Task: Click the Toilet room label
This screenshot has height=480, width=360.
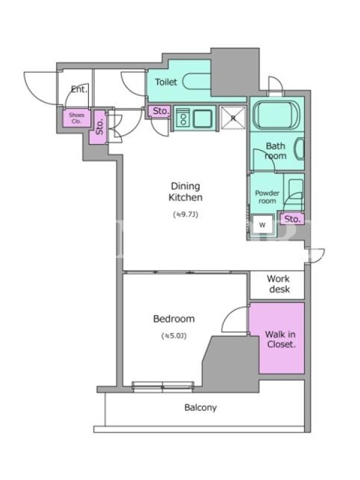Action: point(166,82)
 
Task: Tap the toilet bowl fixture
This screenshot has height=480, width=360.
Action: point(197,82)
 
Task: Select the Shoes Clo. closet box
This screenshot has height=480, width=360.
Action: point(77,118)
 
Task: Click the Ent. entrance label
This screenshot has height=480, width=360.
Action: point(79,89)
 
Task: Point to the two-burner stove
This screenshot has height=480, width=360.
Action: point(183,118)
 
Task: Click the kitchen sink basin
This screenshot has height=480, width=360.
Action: point(202,118)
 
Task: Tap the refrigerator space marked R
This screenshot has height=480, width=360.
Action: point(233,118)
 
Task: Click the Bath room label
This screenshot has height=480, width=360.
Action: point(275,151)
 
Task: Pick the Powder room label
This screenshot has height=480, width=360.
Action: point(267,197)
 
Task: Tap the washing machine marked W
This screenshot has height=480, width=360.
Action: point(262,226)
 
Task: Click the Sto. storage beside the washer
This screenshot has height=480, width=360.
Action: point(292,219)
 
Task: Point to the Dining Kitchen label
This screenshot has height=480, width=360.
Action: point(186,192)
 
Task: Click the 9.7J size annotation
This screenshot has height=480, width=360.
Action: point(186,215)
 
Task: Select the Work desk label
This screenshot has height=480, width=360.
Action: point(278,284)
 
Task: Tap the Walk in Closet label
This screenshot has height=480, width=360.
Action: point(280,339)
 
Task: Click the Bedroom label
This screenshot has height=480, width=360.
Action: point(174,319)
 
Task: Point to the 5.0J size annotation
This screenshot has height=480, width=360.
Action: point(174,336)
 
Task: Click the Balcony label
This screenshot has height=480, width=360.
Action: point(200,408)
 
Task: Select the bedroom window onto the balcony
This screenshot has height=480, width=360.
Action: point(163,386)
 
